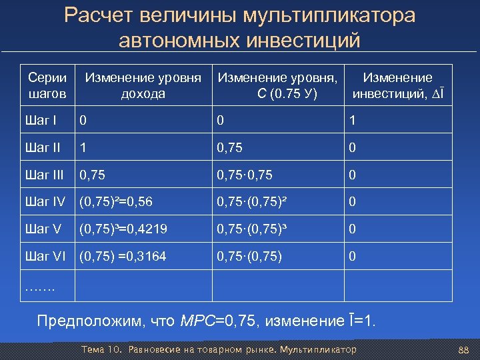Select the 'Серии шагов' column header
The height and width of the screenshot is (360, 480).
tap(47, 86)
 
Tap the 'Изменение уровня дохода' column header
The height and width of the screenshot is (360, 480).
tap(143, 86)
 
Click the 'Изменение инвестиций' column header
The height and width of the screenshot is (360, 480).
tap(397, 86)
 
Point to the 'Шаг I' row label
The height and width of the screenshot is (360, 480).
tap(42, 121)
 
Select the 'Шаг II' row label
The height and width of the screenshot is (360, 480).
tap(43, 148)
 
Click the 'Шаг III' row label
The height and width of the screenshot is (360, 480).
tap(45, 175)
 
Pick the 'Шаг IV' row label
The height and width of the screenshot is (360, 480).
tap(45, 202)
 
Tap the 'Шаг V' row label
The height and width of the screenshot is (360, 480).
tap(43, 229)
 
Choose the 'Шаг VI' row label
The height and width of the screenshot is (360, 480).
tap(45, 256)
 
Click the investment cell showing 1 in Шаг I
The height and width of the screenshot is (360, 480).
tap(353, 121)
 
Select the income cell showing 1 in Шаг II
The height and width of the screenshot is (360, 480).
tap(83, 148)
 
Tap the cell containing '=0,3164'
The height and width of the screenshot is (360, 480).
tap(123, 256)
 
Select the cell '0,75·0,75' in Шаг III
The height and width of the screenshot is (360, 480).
tap(245, 175)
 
